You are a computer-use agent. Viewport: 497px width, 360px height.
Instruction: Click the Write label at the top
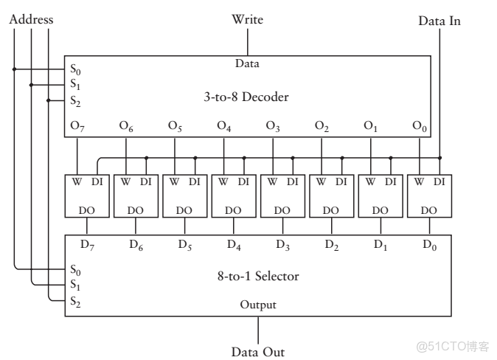[x=247, y=19]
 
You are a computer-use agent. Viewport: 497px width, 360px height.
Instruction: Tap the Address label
[x=31, y=20]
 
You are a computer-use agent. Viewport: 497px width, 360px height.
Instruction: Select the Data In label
[x=439, y=21]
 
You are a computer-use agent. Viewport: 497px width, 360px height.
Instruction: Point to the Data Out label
[x=257, y=352]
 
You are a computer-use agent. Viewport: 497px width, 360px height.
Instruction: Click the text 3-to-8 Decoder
[x=246, y=97]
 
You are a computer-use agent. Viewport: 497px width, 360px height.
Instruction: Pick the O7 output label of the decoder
[x=77, y=127]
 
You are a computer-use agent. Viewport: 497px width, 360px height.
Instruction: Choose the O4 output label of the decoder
[x=224, y=127]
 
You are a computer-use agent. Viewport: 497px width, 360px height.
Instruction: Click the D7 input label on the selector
[x=87, y=244]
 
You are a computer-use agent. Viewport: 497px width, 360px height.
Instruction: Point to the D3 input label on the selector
[x=282, y=244]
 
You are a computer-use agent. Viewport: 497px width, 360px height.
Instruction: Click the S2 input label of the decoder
[x=76, y=101]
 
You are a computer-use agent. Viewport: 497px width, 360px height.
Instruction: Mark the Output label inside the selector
[x=257, y=305]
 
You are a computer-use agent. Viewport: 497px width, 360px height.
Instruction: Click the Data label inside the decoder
[x=247, y=64]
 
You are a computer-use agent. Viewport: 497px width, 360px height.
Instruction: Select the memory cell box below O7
[x=87, y=195]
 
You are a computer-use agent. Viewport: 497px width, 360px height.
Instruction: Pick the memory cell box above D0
[x=428, y=195]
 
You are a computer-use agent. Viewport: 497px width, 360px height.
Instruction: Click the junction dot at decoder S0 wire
[x=14, y=70]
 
